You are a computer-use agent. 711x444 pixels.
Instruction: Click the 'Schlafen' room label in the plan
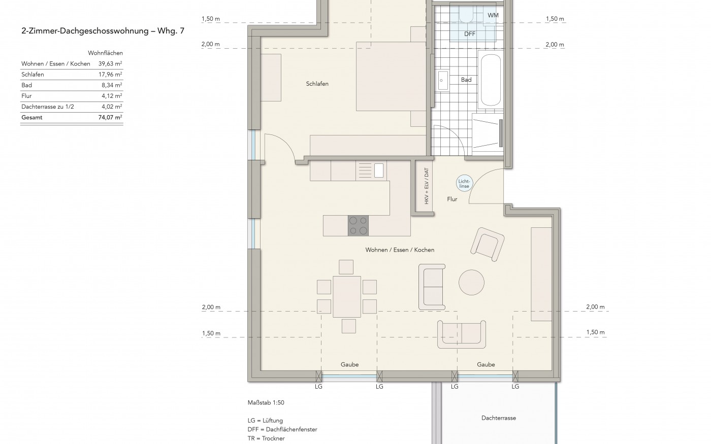click(317, 84)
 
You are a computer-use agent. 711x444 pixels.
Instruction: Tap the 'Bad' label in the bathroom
click(466, 80)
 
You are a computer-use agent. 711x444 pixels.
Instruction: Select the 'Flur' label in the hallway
click(452, 199)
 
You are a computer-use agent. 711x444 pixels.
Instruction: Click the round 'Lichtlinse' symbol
click(464, 184)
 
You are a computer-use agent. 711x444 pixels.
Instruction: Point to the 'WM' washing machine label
click(493, 15)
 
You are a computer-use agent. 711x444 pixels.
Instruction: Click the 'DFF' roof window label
click(470, 34)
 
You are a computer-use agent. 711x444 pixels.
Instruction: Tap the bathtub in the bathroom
click(491, 80)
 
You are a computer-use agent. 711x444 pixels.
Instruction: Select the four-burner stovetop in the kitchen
click(359, 225)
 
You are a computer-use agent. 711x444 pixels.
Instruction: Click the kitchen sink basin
click(379, 170)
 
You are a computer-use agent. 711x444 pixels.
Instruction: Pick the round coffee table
click(471, 283)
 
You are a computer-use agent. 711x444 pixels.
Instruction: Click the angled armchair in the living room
click(487, 244)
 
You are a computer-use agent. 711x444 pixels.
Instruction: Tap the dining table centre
click(346, 296)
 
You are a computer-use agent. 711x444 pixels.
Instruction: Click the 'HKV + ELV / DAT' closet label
click(426, 186)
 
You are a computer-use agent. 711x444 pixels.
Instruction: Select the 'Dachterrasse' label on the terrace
click(499, 418)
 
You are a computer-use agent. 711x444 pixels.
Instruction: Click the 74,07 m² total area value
click(110, 117)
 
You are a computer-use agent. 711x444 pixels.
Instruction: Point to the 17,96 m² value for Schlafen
click(110, 75)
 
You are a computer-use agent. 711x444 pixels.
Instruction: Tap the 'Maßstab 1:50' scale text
click(266, 403)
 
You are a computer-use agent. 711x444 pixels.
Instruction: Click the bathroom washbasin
click(441, 80)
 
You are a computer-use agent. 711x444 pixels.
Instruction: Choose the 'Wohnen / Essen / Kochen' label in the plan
click(400, 250)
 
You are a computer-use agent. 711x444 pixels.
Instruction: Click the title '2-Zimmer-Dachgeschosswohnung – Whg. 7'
click(103, 31)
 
